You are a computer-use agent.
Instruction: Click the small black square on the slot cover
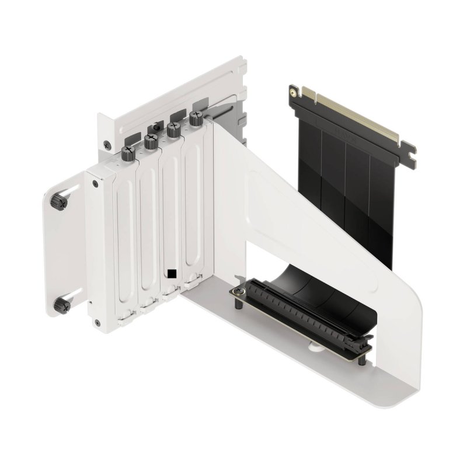(x=171, y=273)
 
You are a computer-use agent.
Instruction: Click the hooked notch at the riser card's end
(x=412, y=152)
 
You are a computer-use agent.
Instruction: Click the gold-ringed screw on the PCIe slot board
(x=238, y=290)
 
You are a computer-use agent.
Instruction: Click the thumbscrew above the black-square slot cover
(x=173, y=129)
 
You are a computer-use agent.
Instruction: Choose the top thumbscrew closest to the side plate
(x=128, y=153)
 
